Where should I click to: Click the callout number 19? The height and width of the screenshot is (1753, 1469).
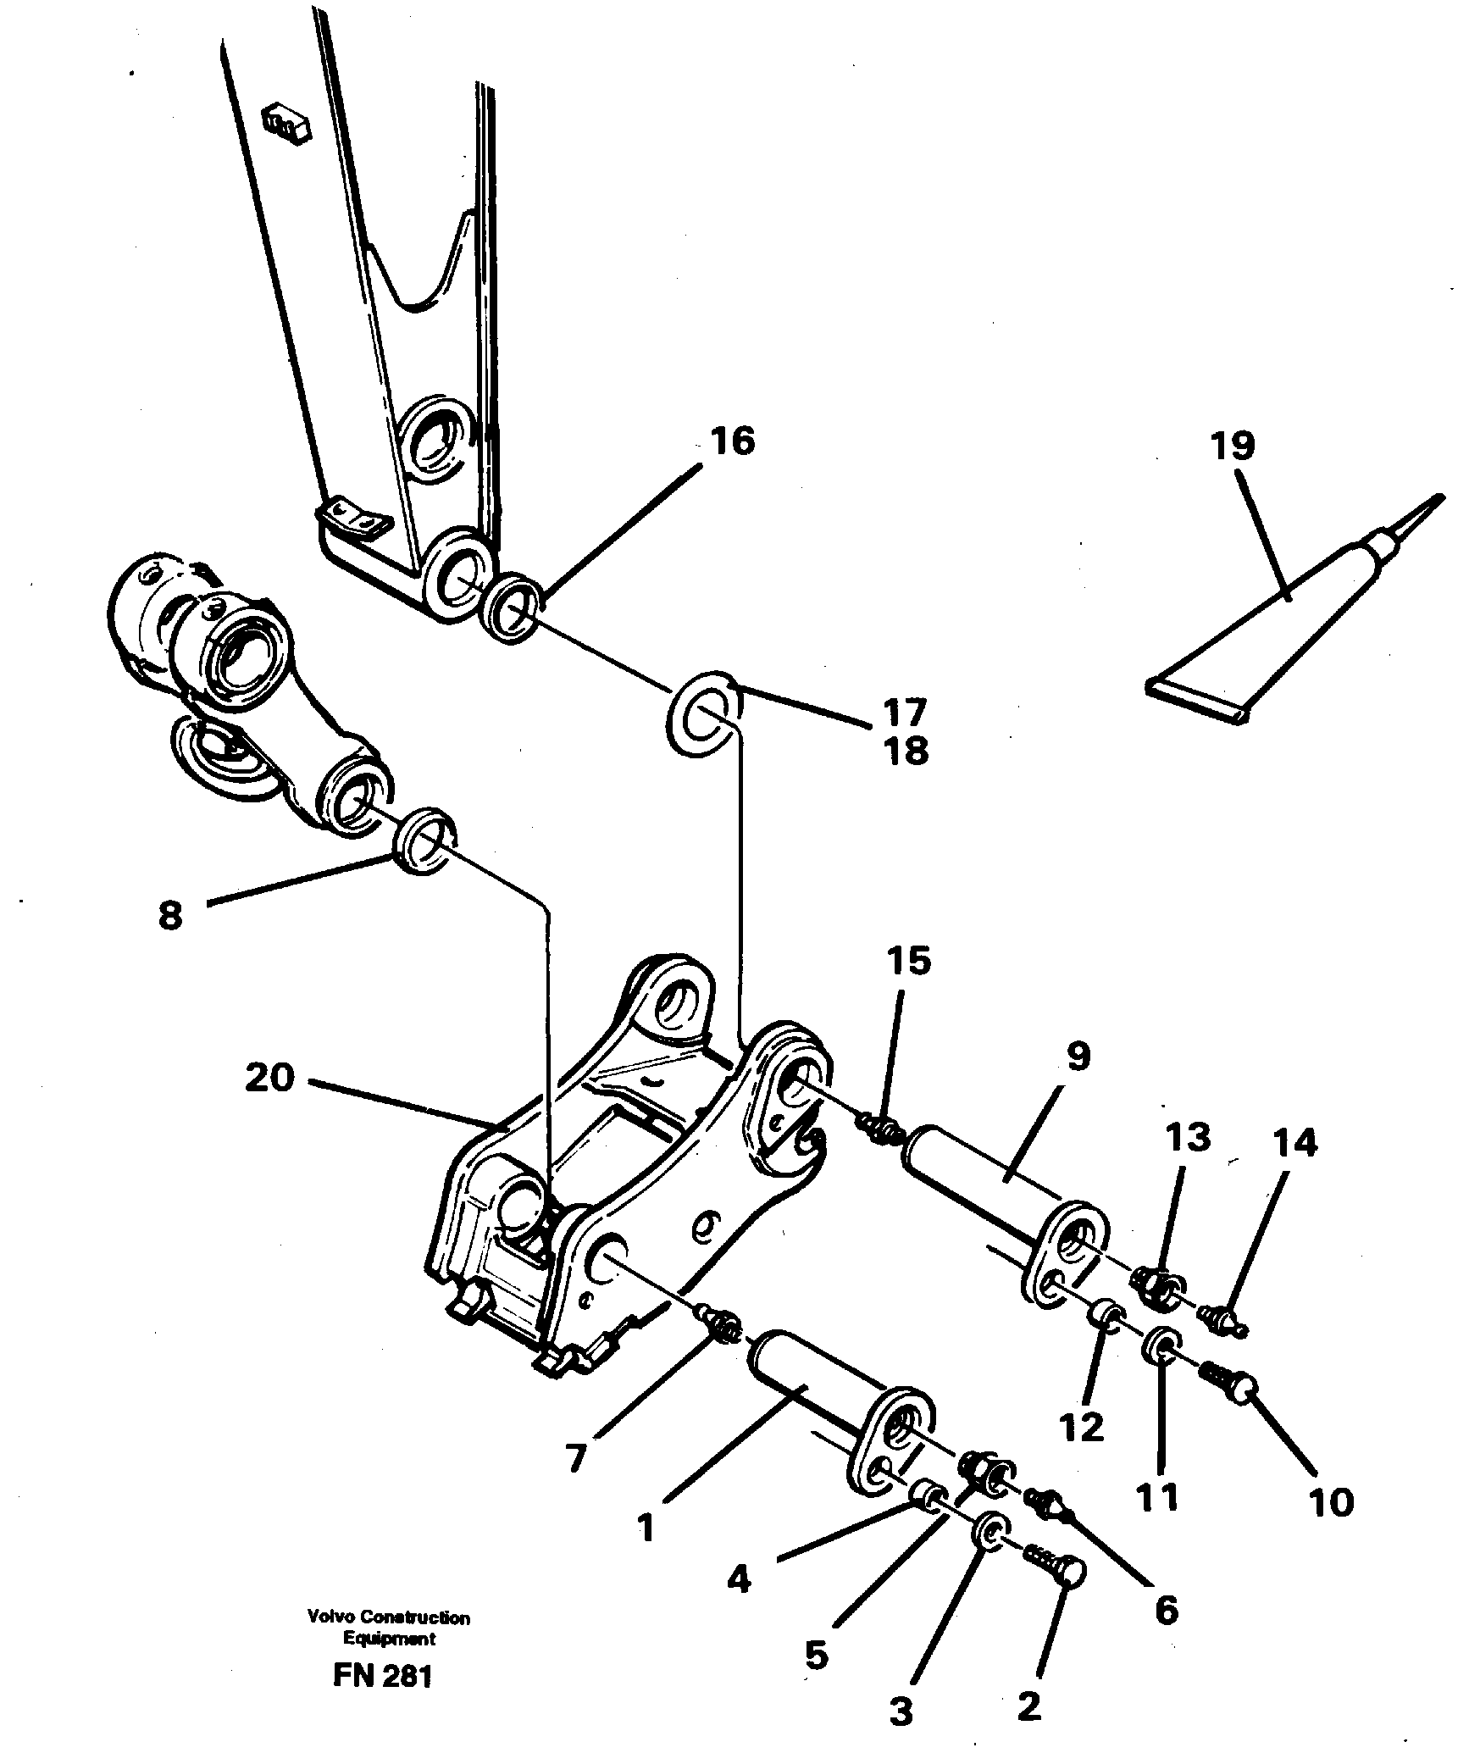point(1232,446)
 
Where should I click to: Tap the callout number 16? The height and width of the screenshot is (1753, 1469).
point(733,441)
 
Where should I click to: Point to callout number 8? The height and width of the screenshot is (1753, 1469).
point(170,917)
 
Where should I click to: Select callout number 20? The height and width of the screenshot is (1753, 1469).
point(270,1078)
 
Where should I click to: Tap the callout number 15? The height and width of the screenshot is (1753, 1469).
point(909,961)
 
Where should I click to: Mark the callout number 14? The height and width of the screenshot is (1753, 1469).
point(1295,1143)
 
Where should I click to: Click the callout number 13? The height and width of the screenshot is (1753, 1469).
point(1187,1138)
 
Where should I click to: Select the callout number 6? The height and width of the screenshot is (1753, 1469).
point(1166,1611)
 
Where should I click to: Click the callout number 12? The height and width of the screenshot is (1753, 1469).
point(1081,1428)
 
